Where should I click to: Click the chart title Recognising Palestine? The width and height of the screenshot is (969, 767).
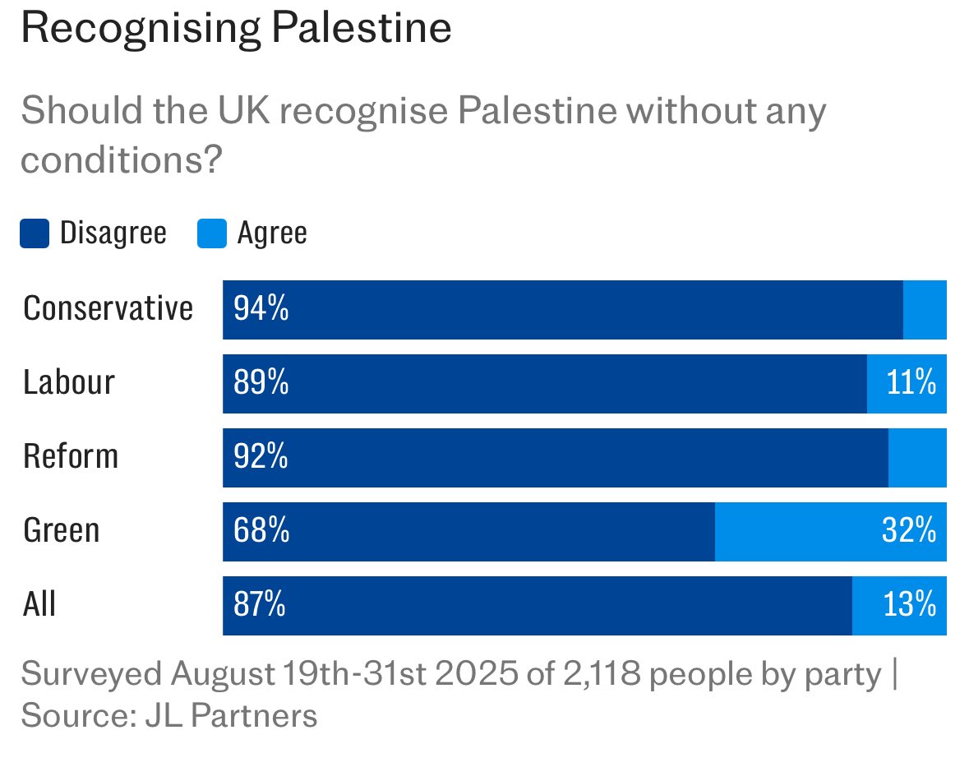click(x=236, y=29)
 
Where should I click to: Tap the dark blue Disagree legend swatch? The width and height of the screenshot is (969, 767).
click(x=35, y=233)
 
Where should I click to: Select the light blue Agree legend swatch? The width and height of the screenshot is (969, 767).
click(x=211, y=233)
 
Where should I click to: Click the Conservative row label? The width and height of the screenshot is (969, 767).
click(x=108, y=309)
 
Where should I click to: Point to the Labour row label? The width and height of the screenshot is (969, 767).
click(x=69, y=383)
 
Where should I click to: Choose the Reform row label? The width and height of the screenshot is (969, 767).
click(x=71, y=457)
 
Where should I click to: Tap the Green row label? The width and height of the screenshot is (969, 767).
click(x=62, y=531)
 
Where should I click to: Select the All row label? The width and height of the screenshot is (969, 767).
click(x=39, y=605)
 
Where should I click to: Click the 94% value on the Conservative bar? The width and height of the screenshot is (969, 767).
click(x=261, y=310)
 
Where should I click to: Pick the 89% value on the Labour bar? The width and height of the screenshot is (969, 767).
click(x=261, y=384)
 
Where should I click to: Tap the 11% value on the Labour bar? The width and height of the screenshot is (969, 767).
click(x=911, y=384)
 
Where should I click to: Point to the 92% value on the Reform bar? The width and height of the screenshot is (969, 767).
click(x=261, y=458)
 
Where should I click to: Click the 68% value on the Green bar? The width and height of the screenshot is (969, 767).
click(x=261, y=532)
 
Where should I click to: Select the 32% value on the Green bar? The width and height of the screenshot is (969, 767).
click(x=909, y=532)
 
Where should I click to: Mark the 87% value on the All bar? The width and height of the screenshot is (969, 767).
click(x=260, y=606)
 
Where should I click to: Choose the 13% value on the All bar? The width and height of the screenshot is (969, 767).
click(x=910, y=606)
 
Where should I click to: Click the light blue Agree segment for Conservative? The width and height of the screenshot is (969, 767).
click(x=925, y=310)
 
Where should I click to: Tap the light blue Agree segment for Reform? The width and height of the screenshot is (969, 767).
click(x=917, y=458)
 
